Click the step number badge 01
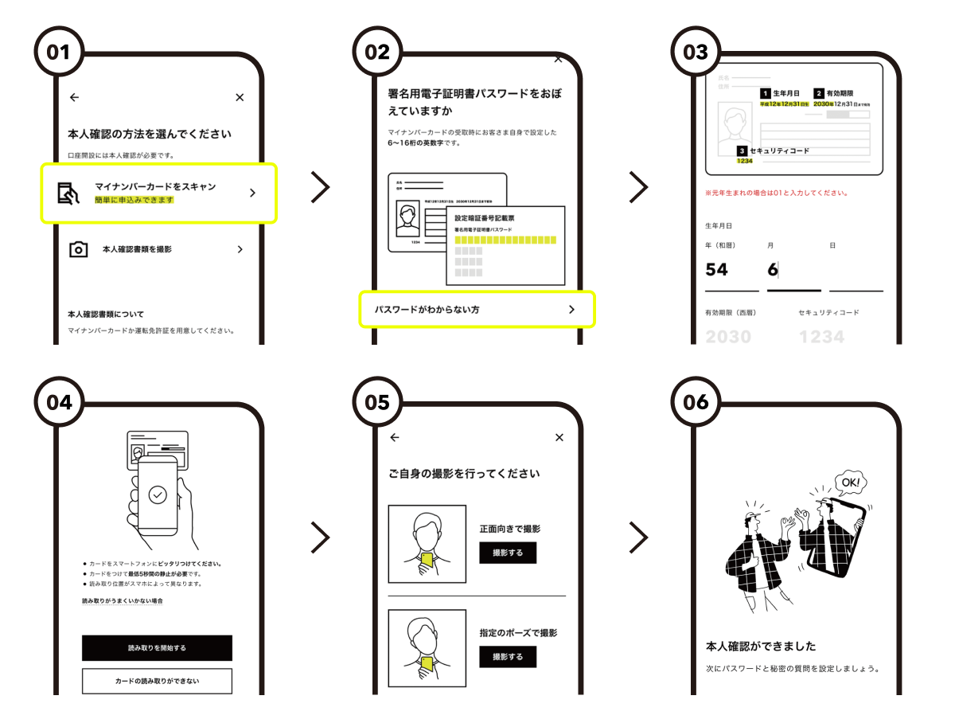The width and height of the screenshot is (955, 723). click(58, 53)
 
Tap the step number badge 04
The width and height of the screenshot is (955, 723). click(58, 402)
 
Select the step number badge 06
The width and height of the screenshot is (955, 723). click(695, 402)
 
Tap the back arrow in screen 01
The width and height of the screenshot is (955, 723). click(74, 97)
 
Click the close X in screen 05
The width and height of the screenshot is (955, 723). click(559, 437)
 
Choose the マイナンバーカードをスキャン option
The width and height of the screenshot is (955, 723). click(159, 193)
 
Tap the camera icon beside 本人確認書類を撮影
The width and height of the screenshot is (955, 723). click(78, 250)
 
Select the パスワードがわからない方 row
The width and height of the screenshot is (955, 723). click(477, 309)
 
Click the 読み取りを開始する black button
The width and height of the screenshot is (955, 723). click(157, 648)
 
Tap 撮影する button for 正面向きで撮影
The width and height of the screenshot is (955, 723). click(508, 553)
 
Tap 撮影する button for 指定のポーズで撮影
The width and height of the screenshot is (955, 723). click(508, 657)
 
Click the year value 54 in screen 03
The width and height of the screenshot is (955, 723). click(717, 270)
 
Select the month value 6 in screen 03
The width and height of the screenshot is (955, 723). click(773, 270)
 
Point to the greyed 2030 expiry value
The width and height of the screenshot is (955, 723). click(728, 337)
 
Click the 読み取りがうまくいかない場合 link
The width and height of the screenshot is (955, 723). click(123, 601)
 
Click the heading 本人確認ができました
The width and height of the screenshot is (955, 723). click(761, 646)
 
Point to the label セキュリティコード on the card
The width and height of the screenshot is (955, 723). click(779, 150)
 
